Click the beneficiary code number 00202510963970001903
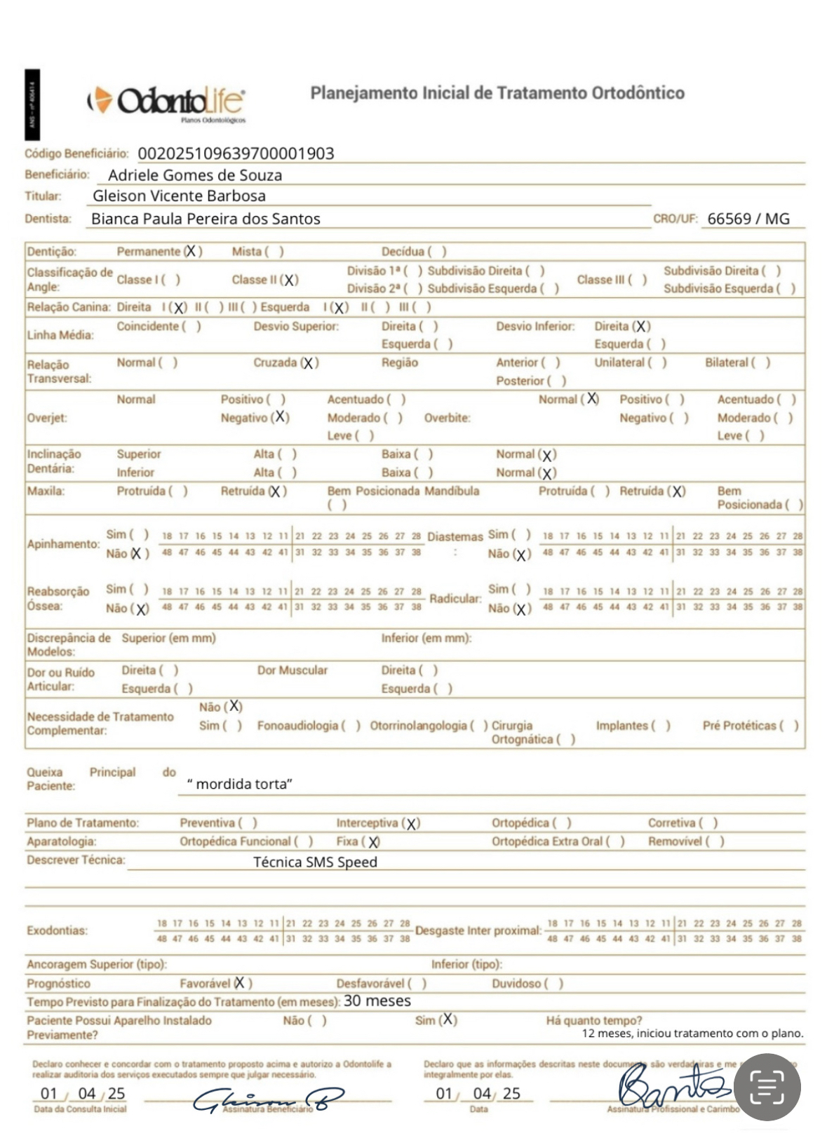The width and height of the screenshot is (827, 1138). coord(236,154)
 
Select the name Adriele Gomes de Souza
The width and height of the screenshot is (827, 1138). coord(195,175)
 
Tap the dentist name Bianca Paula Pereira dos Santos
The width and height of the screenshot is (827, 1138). coord(206,219)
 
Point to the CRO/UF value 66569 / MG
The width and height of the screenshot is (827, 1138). coord(748,219)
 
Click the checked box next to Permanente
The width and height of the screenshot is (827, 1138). coord(191,251)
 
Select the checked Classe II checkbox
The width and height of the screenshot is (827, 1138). coord(290,280)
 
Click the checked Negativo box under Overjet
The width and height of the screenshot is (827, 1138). coord(280,417)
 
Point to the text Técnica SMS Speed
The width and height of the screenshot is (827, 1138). coord(315,862)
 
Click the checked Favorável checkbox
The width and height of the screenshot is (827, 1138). coord(241,983)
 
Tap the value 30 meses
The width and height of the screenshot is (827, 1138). coord(377,1001)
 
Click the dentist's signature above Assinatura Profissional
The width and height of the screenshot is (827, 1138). coord(670,1085)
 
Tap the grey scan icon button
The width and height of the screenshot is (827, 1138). coord(767,1088)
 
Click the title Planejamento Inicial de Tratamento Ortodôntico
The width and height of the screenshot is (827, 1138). coord(497,93)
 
